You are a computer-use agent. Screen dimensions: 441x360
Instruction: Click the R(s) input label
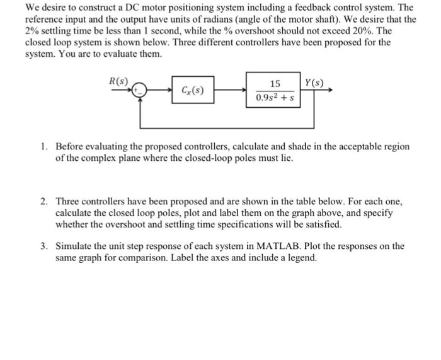click(118, 81)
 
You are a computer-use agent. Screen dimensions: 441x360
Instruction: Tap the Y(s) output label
click(314, 83)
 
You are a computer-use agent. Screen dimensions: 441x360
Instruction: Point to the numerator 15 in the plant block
click(275, 84)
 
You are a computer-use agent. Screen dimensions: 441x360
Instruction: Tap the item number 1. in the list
click(44, 146)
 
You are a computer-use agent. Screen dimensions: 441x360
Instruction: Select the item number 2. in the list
click(44, 202)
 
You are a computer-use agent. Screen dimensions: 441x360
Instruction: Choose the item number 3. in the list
click(44, 246)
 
